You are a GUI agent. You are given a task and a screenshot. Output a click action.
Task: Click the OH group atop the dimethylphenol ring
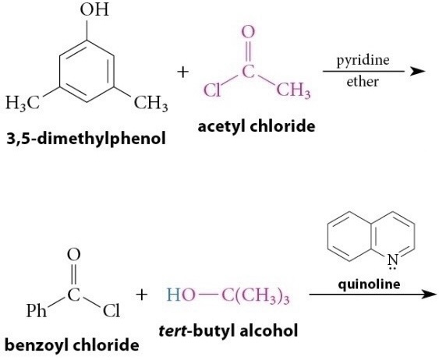(94, 9)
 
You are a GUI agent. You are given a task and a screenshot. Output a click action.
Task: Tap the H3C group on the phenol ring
(23, 103)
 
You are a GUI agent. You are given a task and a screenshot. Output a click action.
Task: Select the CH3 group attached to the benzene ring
(151, 103)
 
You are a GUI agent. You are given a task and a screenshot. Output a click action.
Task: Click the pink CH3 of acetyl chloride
(293, 90)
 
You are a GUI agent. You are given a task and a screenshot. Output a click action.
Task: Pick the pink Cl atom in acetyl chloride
(212, 90)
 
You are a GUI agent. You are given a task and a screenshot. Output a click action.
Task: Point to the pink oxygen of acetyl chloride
(248, 32)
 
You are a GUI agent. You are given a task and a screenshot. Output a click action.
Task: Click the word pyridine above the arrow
(363, 60)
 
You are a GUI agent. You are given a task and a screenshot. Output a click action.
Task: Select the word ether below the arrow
(363, 82)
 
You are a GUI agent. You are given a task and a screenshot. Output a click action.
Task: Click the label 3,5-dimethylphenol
(87, 139)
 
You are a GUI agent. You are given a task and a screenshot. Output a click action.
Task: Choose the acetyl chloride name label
(257, 127)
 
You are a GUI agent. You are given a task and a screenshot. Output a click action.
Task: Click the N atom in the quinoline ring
(393, 260)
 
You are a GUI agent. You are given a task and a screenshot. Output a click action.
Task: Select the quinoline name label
(369, 284)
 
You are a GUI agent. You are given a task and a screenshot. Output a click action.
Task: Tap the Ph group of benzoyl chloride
(37, 310)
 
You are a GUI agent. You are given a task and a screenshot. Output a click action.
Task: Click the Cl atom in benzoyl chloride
(112, 310)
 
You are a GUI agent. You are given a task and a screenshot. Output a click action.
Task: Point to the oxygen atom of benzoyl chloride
(73, 255)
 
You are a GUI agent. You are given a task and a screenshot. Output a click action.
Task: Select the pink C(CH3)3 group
(255, 296)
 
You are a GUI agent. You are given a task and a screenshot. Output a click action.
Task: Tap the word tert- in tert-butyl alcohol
(173, 330)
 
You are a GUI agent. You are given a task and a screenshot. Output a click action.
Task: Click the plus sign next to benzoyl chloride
(142, 295)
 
